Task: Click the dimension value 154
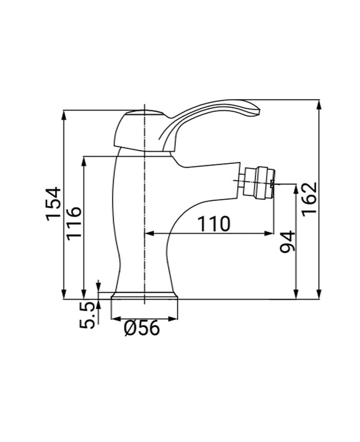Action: (x=53, y=203)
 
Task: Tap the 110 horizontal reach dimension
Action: (x=214, y=224)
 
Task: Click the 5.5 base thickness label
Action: (x=88, y=315)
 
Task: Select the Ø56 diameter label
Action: (x=142, y=328)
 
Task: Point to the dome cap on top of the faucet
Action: (x=142, y=113)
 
